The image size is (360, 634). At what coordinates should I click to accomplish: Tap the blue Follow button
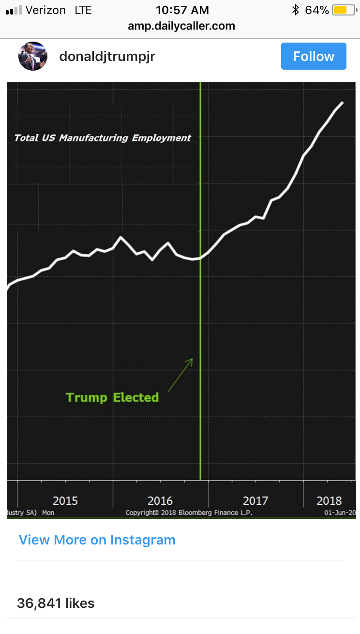point(314,56)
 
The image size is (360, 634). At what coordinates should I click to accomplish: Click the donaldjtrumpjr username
point(107,57)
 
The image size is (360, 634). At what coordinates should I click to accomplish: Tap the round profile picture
point(33,56)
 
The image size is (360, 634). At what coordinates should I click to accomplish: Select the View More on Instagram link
point(97,540)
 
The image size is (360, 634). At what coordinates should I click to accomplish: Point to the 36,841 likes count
point(56,603)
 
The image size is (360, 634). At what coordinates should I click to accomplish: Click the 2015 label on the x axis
point(65,500)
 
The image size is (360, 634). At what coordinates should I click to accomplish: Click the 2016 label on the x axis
point(160,500)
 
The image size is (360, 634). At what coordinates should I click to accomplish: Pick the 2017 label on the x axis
point(255,500)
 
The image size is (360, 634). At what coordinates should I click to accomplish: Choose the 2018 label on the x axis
point(329,500)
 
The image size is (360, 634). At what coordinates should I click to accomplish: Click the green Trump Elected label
point(112,398)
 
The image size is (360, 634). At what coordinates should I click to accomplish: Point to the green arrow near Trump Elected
point(180,375)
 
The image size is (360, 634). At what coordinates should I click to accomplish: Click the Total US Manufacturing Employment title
point(103,138)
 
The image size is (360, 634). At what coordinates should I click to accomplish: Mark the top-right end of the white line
point(343,103)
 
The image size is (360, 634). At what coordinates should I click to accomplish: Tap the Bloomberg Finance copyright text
point(189,513)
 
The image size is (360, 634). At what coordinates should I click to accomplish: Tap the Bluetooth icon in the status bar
point(295,10)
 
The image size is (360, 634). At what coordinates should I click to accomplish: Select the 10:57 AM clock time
point(182,10)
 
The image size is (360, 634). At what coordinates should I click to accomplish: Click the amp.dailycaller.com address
point(181,26)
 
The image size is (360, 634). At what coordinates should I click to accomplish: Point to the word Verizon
point(45,10)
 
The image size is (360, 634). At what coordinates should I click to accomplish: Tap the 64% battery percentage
point(317,10)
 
